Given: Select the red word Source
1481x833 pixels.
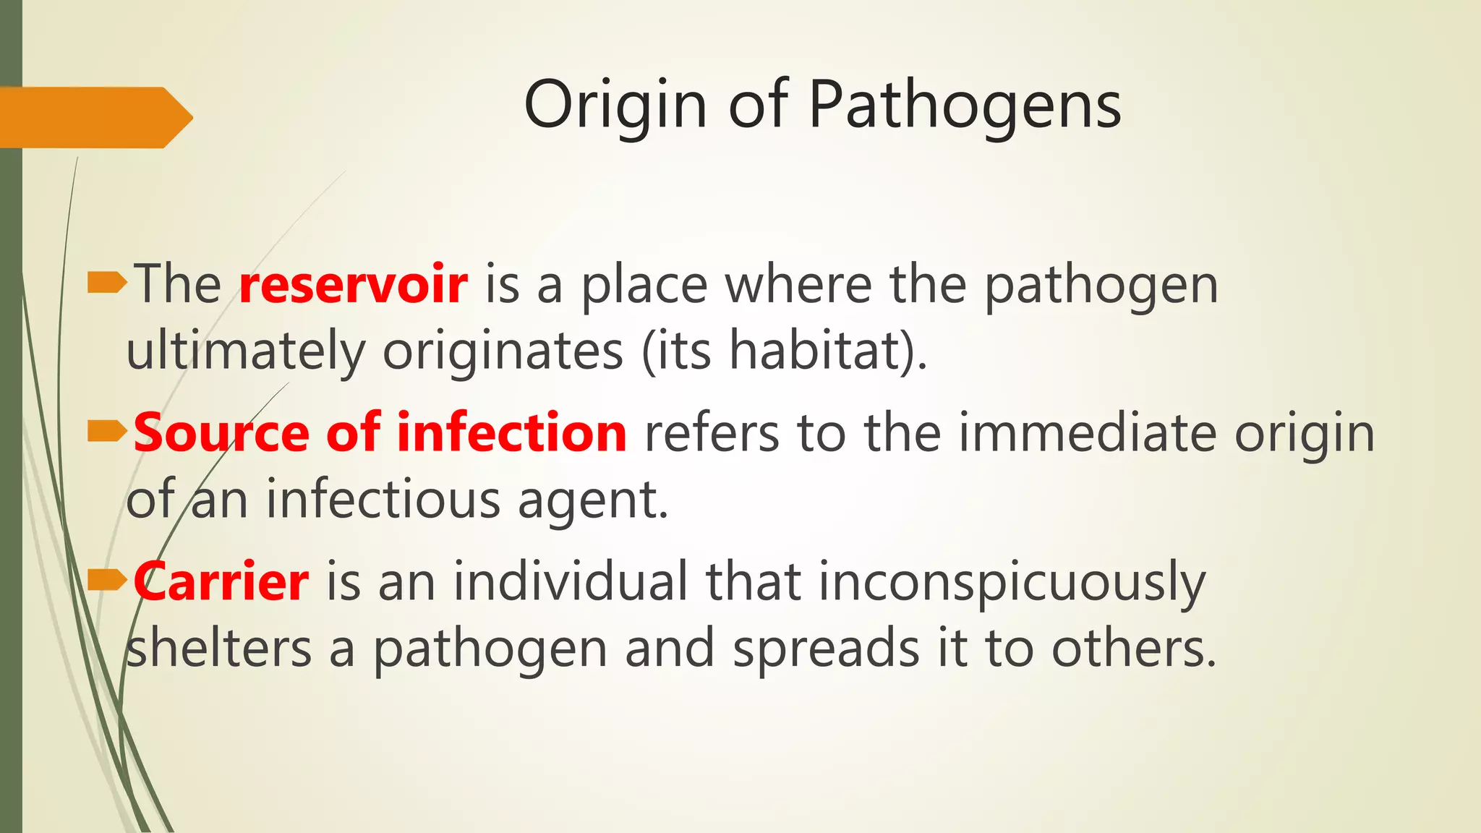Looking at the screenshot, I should [x=221, y=432].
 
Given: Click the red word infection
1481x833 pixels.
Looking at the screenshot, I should [x=511, y=432].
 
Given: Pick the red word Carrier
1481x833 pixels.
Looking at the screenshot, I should [x=221, y=581].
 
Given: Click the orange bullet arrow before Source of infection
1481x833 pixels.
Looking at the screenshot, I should [x=106, y=432].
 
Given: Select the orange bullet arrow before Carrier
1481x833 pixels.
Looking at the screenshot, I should [x=106, y=581].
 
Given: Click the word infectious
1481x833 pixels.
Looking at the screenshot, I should [x=383, y=500].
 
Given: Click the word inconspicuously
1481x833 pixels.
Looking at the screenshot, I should [x=1012, y=583].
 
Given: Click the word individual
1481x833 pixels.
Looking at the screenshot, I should [x=571, y=581].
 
